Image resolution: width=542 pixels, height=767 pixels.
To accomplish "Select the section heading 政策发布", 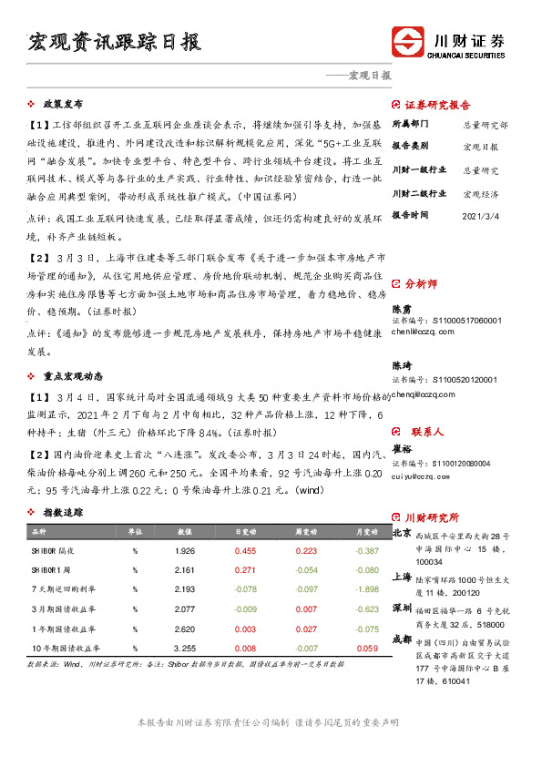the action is [x=63, y=104].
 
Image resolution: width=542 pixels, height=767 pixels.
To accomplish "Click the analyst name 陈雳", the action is [x=402, y=310].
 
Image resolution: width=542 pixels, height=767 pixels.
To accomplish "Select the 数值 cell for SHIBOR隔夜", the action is [x=184, y=551].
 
